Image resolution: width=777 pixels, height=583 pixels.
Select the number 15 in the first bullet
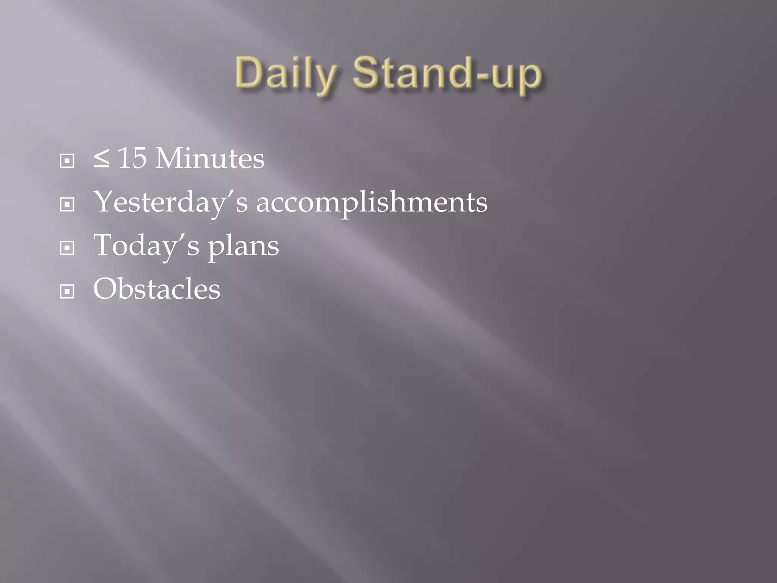pyautogui.click(x=132, y=158)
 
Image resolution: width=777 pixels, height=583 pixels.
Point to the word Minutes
pyautogui.click(x=210, y=158)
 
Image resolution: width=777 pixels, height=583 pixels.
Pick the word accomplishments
pyautogui.click(x=372, y=202)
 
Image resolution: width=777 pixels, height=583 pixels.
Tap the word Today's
pyautogui.click(x=146, y=246)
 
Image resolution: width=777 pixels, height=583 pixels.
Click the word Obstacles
pyautogui.click(x=157, y=289)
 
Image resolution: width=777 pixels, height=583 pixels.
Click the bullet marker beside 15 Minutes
pyautogui.click(x=67, y=161)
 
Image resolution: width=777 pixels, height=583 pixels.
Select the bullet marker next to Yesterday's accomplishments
pyautogui.click(x=67, y=205)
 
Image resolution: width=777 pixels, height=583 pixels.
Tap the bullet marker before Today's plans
pyautogui.click(x=67, y=248)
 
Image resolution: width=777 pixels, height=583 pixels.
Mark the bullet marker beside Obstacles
pyautogui.click(x=67, y=292)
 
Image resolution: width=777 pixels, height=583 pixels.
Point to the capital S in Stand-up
pyautogui.click(x=366, y=72)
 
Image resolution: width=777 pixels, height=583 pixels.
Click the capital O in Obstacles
pyautogui.click(x=106, y=288)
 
